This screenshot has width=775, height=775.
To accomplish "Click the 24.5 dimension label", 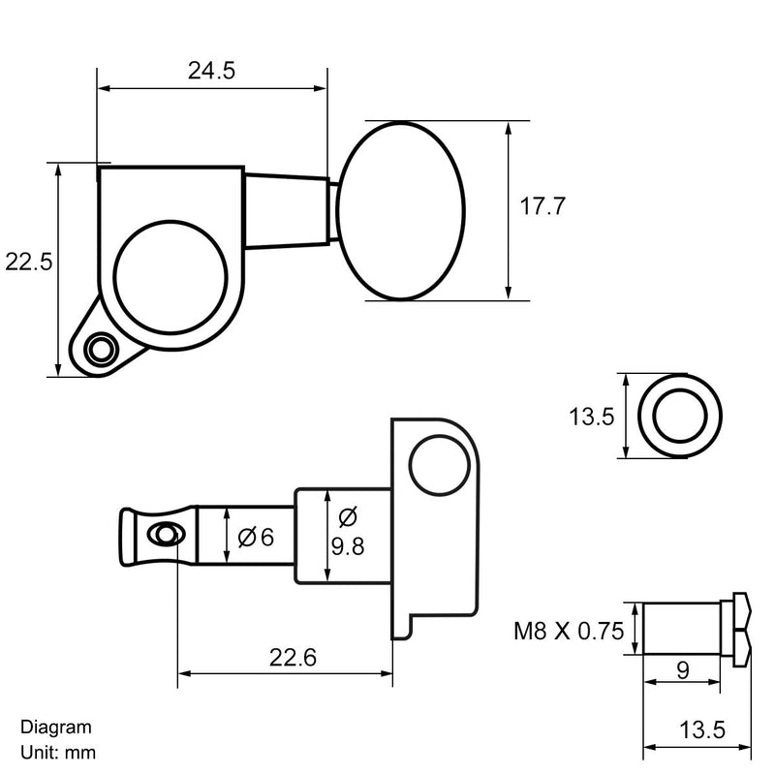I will (212, 70).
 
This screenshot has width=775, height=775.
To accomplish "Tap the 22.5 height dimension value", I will (28, 262).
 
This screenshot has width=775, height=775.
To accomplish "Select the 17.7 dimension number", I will (542, 206).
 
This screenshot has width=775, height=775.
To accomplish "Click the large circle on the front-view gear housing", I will (173, 277).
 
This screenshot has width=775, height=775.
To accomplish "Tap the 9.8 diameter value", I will (348, 547).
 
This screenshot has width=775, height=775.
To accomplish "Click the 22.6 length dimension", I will (293, 658).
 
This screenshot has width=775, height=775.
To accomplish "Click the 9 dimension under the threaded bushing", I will (682, 669).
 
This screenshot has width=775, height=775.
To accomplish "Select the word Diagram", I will (55, 727).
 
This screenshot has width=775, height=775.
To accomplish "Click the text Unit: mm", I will (57, 751).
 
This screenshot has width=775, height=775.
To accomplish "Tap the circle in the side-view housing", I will (438, 467).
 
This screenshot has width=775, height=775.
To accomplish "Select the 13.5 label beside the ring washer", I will (591, 418).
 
